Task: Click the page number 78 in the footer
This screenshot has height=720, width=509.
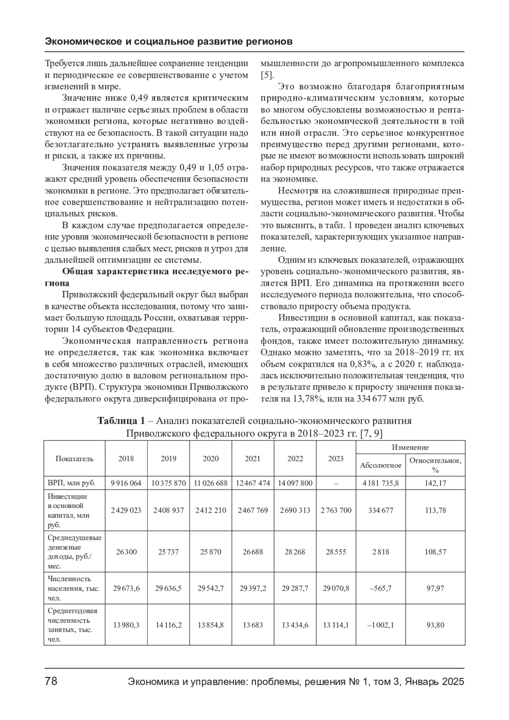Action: (51, 682)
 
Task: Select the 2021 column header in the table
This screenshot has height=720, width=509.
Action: (253, 458)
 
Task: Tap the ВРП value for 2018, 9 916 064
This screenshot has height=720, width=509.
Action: (126, 483)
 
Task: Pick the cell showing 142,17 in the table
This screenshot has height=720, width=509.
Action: (435, 483)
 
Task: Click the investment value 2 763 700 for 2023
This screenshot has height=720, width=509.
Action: (336, 510)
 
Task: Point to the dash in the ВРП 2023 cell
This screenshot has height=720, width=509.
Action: (336, 483)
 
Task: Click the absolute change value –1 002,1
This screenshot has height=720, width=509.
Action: (380, 625)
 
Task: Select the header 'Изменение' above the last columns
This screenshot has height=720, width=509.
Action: (410, 447)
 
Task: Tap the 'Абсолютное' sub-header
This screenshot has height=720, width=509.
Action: (380, 465)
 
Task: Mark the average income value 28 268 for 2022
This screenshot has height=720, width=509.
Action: (295, 552)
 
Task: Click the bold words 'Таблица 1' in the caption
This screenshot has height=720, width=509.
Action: (121, 421)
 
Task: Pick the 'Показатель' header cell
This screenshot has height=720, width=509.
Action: (74, 458)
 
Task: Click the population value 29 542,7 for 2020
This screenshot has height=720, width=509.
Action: (211, 588)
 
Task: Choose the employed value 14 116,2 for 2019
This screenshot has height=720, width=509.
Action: (168, 625)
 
